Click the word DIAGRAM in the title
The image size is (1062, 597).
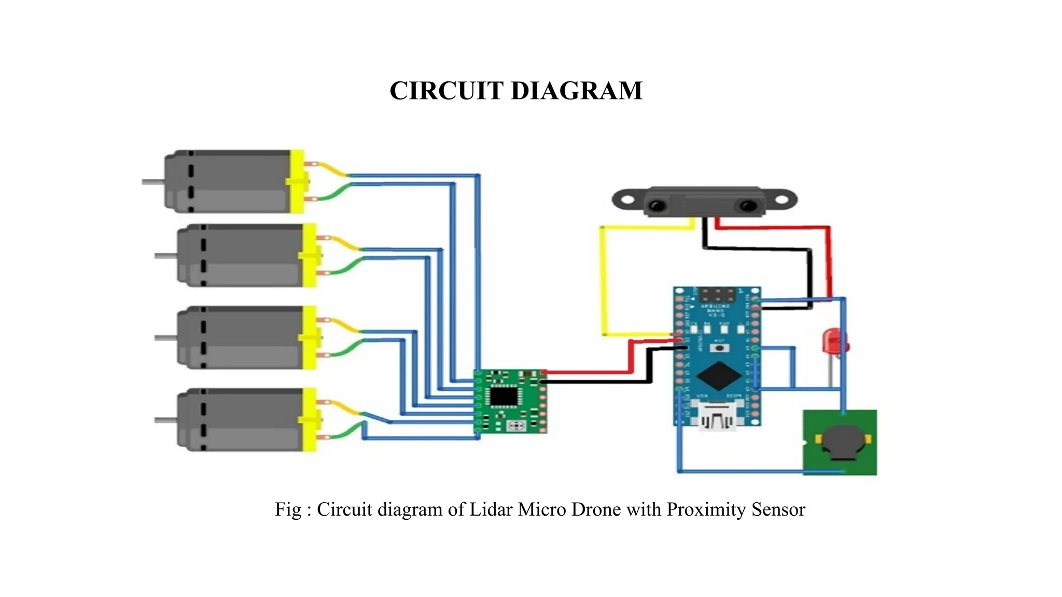577,91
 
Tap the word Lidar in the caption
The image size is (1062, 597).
491,509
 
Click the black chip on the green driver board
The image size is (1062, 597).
504,396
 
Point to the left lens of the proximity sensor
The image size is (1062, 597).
656,205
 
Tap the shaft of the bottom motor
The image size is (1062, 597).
165,419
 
